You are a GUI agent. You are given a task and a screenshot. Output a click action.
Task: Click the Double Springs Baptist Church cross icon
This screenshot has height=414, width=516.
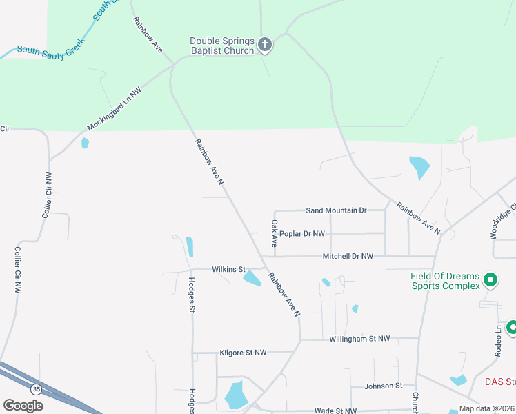(x=264, y=46)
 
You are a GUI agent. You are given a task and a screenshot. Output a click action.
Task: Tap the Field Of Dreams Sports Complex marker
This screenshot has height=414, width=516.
(x=490, y=280)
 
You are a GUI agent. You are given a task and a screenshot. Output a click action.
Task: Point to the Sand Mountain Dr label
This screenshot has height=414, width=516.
(x=336, y=210)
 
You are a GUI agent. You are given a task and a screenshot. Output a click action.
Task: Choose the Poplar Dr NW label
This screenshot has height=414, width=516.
(x=302, y=234)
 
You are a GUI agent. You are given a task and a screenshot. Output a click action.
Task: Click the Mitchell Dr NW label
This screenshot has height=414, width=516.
(x=348, y=256)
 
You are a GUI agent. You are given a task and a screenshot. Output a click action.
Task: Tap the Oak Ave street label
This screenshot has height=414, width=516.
(x=274, y=233)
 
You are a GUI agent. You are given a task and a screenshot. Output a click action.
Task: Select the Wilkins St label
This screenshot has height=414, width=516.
(x=228, y=269)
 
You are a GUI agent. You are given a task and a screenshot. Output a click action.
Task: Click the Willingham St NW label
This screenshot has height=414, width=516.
(x=359, y=339)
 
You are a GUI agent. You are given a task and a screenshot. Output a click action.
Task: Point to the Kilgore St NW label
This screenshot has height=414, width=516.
(x=243, y=353)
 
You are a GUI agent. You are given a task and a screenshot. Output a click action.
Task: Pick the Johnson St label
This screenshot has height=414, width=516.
(x=383, y=386)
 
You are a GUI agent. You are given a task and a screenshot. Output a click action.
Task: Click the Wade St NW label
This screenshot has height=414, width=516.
(x=336, y=411)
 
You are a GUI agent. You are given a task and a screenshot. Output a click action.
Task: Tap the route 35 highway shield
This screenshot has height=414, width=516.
(x=37, y=390)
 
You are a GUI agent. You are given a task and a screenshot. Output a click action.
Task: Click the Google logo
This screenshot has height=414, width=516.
(x=23, y=406)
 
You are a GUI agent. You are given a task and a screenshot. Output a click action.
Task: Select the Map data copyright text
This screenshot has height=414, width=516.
(x=487, y=408)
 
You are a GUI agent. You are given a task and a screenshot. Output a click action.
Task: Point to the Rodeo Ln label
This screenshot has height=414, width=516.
(x=498, y=338)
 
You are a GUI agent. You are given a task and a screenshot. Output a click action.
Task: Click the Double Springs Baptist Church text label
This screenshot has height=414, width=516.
(x=222, y=46)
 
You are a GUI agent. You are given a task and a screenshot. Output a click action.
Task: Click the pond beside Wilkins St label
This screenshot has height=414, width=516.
(x=252, y=277)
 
